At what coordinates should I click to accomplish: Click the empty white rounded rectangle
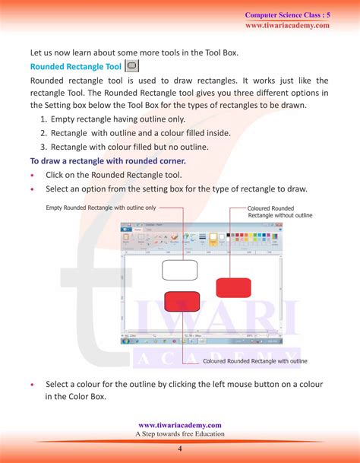click(178, 270)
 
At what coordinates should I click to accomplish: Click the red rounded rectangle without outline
click(233, 287)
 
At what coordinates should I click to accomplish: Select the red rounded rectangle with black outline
click(182, 300)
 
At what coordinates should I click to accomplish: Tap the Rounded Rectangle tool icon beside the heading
click(131, 67)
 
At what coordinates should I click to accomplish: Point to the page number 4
click(180, 448)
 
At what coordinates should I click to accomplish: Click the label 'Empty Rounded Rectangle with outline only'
click(101, 208)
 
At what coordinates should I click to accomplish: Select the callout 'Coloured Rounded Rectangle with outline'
click(255, 361)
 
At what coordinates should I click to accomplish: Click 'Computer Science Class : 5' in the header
click(287, 14)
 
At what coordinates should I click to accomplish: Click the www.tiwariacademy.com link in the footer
click(180, 425)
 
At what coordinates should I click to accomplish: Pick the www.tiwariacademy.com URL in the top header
click(287, 25)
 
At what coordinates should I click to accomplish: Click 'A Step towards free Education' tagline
click(180, 434)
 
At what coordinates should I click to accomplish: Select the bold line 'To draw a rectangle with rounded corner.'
click(108, 161)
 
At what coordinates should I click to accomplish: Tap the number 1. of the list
click(44, 120)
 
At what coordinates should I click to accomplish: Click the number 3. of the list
click(44, 147)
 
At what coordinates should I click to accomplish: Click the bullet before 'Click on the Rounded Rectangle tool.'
click(33, 176)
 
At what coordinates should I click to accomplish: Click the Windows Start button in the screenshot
click(125, 341)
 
